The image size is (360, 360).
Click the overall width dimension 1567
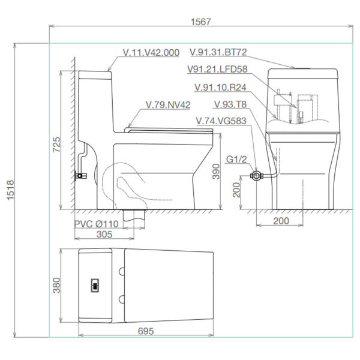pyautogui.click(x=200, y=22)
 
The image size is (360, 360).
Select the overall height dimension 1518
pyautogui.click(x=11, y=190)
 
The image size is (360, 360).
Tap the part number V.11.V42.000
pyautogui.click(x=151, y=53)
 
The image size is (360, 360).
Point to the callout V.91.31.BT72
pyautogui.click(x=218, y=52)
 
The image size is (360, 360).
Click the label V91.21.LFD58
pyautogui.click(x=217, y=69)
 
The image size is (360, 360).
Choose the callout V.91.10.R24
pyautogui.click(x=220, y=87)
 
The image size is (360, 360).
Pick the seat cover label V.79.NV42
pyautogui.click(x=168, y=105)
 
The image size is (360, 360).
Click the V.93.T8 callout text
pyautogui.click(x=230, y=104)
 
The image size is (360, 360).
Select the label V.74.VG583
pyautogui.click(x=221, y=121)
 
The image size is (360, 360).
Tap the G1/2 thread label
pyautogui.click(x=236, y=159)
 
